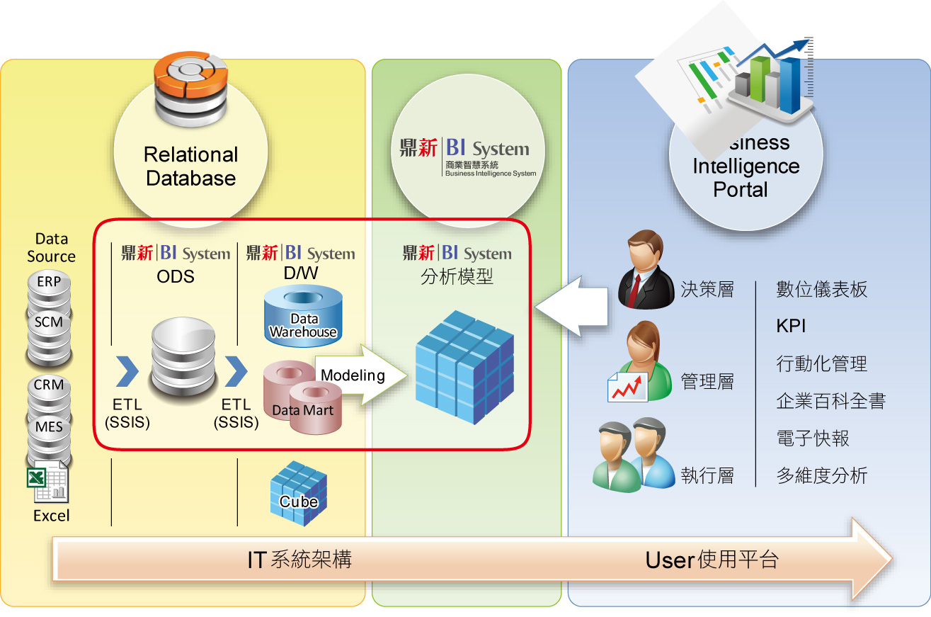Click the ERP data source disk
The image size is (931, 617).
(x=49, y=282)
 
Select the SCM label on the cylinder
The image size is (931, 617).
(x=49, y=322)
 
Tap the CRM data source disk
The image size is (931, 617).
(x=49, y=386)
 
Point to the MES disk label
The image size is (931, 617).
(x=49, y=427)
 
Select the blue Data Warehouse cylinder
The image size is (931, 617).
(x=302, y=316)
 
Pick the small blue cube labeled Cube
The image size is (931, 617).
(x=298, y=493)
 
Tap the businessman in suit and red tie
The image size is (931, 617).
(x=645, y=270)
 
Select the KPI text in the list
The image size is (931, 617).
(x=791, y=327)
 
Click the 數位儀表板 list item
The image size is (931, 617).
(x=821, y=290)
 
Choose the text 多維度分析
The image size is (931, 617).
(x=821, y=476)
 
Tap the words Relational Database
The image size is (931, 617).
(x=190, y=166)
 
